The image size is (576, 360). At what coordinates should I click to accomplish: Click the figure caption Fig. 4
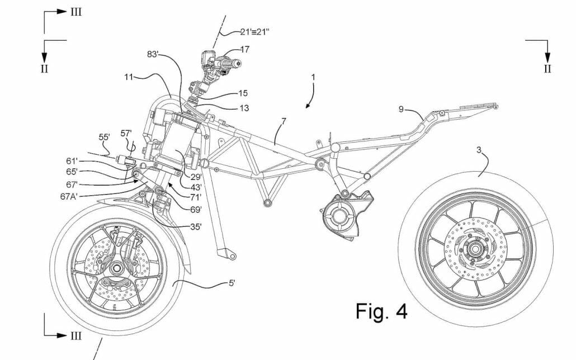coord(381,311)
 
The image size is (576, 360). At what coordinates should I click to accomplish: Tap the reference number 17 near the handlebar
coord(244,49)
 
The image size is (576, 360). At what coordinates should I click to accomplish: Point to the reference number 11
coord(129,78)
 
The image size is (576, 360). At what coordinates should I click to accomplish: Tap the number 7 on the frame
coord(284,121)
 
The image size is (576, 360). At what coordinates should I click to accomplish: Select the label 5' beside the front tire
coord(231,283)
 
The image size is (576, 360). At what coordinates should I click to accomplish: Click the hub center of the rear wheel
coord(476,248)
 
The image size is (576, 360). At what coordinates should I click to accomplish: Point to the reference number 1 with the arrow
coord(313,77)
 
